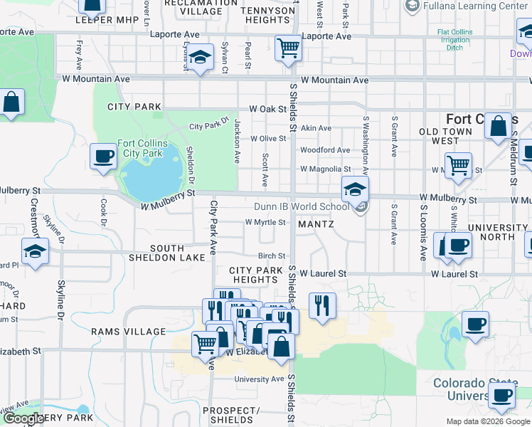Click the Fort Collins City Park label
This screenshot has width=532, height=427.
(142, 148)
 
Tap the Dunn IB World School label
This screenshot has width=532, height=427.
(302, 207)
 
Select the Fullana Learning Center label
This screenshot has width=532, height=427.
(475, 6)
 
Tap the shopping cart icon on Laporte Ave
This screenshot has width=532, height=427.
(289, 48)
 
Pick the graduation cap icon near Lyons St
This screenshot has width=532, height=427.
(201, 57)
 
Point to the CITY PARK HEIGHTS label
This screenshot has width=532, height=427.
(252, 275)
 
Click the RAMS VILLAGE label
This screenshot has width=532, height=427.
(128, 332)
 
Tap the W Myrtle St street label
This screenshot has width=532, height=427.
(265, 222)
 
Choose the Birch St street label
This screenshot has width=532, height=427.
(272, 256)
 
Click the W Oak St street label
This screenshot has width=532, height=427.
(267, 110)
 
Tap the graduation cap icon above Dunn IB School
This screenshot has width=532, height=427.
(355, 189)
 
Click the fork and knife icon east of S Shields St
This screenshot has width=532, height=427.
(322, 305)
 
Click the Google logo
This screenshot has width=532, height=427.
(23, 419)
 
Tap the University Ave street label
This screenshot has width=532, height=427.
(259, 379)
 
